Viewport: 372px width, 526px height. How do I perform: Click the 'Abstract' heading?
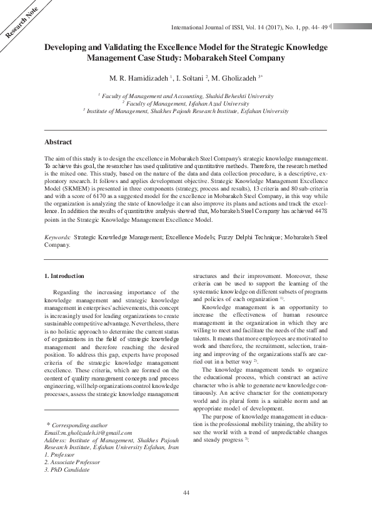[58, 142]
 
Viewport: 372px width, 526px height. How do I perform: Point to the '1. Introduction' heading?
[66, 275]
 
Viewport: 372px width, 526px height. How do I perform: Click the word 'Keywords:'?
[58, 238]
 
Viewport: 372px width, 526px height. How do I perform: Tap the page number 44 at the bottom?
[186, 494]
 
